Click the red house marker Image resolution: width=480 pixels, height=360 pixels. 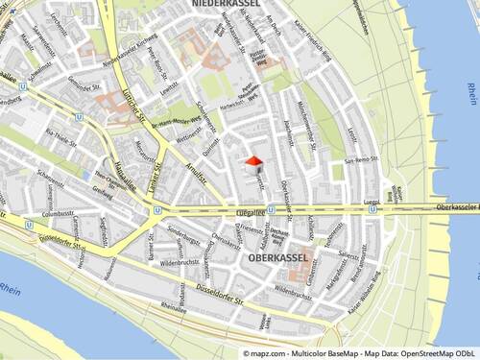pyautogui.click(x=254, y=165)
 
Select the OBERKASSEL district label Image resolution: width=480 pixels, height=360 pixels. pyautogui.click(x=278, y=258)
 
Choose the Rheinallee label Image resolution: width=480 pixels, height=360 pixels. pyautogui.click(x=174, y=307)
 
